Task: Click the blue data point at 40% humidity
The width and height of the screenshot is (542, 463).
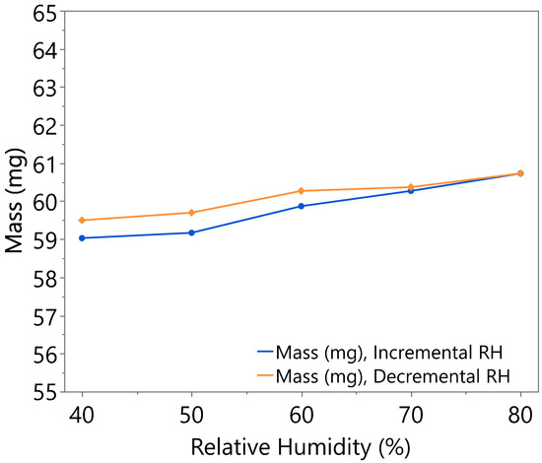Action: click(82, 237)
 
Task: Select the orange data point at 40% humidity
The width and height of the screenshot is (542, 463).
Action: click(82, 220)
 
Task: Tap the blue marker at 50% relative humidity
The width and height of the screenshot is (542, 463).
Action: click(191, 232)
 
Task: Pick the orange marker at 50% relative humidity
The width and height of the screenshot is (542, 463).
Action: click(191, 213)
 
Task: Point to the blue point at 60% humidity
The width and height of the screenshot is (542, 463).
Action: click(301, 206)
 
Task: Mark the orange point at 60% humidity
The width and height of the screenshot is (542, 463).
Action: click(301, 190)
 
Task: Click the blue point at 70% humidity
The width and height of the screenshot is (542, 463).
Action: click(411, 190)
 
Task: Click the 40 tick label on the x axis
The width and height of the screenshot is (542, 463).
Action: click(82, 413)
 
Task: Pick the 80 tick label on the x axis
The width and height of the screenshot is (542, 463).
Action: click(520, 413)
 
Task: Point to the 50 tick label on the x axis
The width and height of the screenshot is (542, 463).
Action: click(191, 413)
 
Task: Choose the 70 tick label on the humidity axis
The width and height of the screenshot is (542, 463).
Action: click(411, 413)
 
